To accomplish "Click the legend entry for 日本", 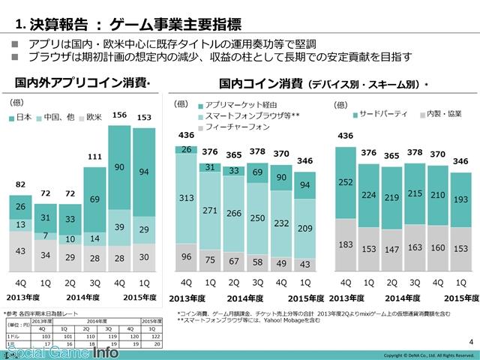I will [23, 118].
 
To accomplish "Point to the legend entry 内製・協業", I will [442, 114].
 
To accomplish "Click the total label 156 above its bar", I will [118, 115].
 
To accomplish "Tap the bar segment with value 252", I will [345, 182].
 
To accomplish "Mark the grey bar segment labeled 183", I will [345, 245].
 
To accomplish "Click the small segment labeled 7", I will [46, 236].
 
